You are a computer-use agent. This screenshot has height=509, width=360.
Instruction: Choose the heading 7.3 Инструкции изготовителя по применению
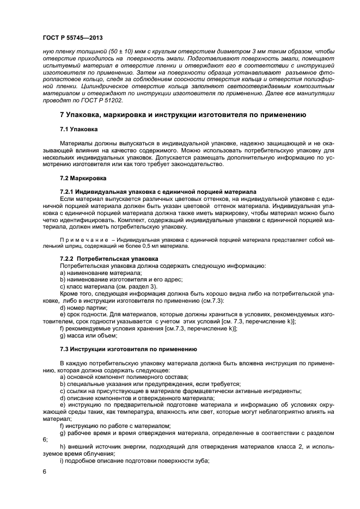[128, 348]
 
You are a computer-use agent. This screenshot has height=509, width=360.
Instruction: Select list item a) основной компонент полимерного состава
[124, 376]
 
